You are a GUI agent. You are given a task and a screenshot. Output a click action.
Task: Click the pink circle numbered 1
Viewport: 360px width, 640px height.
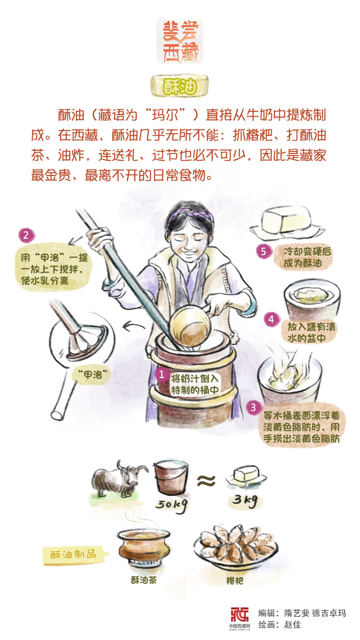tap(161, 374)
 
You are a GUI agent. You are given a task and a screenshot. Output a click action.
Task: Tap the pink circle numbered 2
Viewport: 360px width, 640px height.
tap(26, 236)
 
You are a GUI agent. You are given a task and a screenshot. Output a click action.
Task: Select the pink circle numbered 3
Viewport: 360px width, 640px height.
tap(253, 407)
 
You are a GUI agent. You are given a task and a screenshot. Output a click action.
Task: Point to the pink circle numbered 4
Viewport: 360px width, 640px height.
tap(271, 319)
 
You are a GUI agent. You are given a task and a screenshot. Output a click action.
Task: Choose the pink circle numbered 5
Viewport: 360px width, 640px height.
tap(264, 252)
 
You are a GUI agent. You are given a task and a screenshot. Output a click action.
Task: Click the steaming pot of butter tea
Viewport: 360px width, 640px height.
tap(144, 546)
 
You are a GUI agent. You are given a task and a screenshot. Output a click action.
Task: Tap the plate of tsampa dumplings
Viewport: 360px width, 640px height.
tap(236, 547)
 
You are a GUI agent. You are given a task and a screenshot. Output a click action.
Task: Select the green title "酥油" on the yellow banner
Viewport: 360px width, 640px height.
tap(180, 86)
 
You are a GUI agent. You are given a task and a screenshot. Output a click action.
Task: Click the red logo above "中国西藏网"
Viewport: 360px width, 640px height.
tap(240, 614)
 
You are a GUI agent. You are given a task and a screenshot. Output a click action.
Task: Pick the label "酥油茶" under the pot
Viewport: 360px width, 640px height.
tap(144, 580)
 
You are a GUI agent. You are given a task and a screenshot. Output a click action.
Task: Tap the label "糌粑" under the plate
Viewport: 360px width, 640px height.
tap(234, 581)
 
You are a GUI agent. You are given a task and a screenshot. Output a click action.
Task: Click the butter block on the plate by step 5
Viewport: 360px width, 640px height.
tap(287, 219)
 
